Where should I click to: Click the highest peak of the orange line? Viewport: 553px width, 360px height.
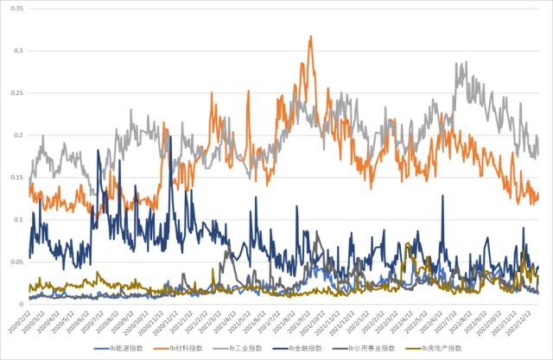click(x=310, y=37)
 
